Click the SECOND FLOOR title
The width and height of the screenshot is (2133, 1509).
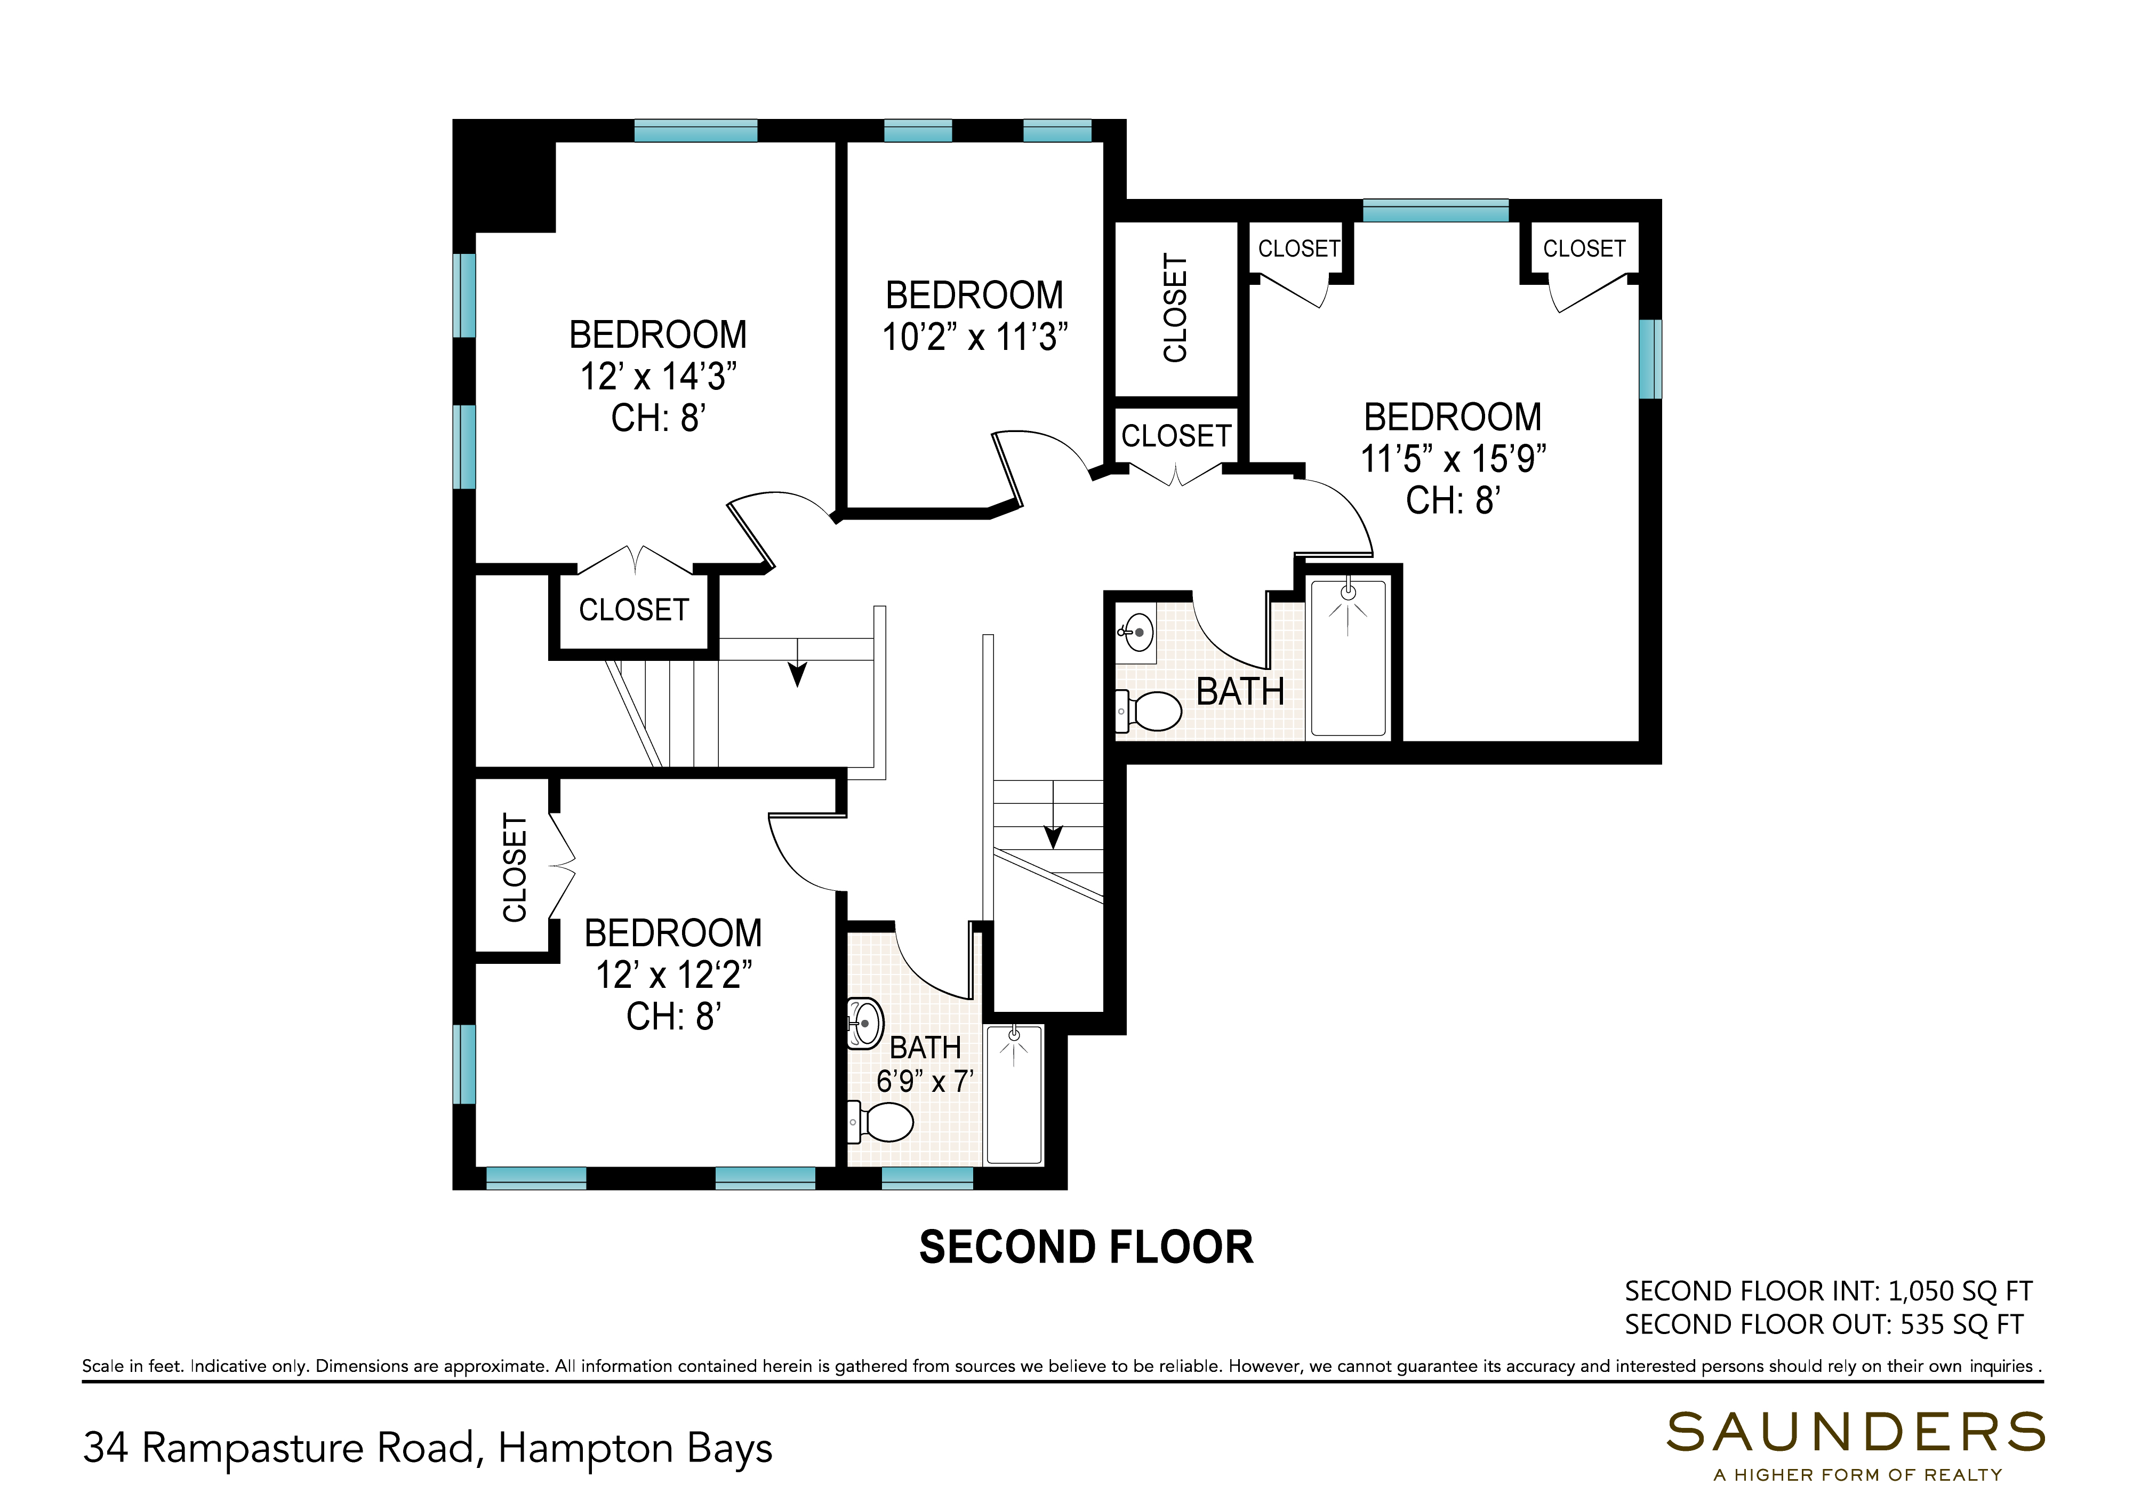tap(1086, 1248)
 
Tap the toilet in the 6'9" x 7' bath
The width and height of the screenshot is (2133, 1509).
tap(881, 1122)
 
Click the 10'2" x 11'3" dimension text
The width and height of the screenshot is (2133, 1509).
tap(975, 337)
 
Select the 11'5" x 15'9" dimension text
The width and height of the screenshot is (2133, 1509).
tap(1453, 459)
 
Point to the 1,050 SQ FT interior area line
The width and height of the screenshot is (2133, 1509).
tap(1829, 1291)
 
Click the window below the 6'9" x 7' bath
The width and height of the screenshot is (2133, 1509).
tap(927, 1178)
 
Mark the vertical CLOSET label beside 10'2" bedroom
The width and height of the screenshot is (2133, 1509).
tap(1175, 308)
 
